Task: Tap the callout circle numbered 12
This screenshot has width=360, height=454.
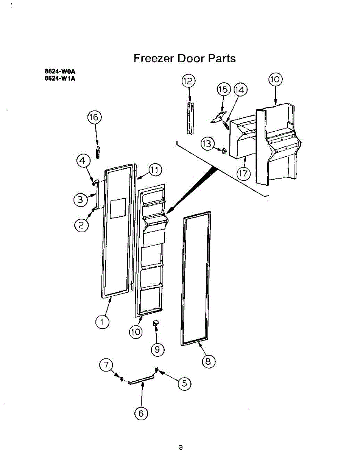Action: (188, 81)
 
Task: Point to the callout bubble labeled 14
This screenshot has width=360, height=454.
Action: (240, 90)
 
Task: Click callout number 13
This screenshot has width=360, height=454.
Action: (207, 144)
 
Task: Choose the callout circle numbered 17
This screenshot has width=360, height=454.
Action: (244, 173)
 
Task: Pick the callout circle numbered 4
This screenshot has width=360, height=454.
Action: (83, 161)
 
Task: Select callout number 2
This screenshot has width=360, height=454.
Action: (81, 225)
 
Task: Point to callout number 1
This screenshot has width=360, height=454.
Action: (102, 322)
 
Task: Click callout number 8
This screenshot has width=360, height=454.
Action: (208, 361)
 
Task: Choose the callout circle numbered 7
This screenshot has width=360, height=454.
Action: (107, 365)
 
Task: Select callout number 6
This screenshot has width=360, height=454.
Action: (141, 414)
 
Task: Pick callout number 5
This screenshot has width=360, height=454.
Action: (184, 383)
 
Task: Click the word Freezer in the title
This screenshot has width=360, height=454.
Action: (153, 58)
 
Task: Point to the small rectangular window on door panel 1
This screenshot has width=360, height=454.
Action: (118, 208)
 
